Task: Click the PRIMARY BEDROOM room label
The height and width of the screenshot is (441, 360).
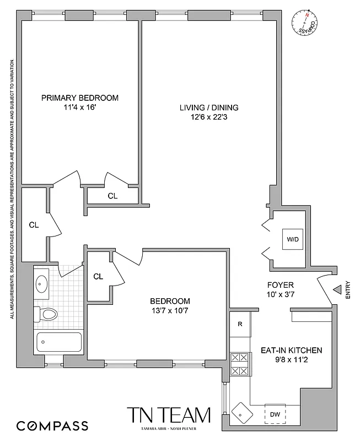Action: coord(80,98)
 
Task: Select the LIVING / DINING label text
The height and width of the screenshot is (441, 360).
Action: coord(209,107)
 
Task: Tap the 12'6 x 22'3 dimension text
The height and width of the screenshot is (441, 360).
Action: coord(209,117)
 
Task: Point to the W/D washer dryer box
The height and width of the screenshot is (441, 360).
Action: coord(292,239)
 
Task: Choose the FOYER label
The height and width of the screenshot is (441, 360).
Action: coord(280,285)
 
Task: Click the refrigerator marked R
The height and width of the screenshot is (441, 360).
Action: coord(240,324)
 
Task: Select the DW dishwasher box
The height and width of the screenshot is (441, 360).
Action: coord(275,415)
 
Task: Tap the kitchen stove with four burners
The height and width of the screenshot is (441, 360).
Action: coord(240,364)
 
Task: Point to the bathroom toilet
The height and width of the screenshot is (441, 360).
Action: coord(46,315)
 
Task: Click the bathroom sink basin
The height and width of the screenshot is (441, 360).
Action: coord(42,284)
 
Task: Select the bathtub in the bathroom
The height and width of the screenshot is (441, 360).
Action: coord(58,343)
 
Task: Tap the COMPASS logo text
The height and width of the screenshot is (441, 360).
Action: coord(52,426)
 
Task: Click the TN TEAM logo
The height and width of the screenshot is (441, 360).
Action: coord(169,417)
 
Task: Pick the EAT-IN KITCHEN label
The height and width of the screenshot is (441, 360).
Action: coord(291,351)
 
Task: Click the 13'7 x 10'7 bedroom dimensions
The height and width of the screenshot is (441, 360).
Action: coord(170,311)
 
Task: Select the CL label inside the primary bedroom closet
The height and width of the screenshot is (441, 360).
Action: coord(112,196)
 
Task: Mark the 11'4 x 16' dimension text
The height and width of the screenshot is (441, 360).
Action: coord(80,108)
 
